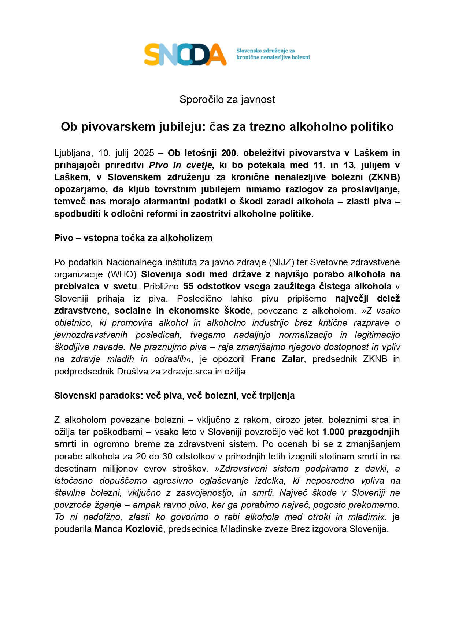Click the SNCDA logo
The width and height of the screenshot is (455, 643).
tap(185, 54)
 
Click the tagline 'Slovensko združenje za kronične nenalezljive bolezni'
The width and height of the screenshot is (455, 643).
tap(273, 54)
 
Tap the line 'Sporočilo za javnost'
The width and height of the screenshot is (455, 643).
tap(227, 100)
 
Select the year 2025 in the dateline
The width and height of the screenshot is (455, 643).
tap(144, 153)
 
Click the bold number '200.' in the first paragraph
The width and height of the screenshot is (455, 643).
tap(229, 153)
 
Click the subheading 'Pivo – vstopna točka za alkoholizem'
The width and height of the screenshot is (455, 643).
tap(133, 238)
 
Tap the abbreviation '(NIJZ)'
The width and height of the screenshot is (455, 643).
tap(282, 262)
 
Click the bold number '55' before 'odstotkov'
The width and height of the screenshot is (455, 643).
tap(188, 287)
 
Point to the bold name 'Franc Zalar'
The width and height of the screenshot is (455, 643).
tap(277, 359)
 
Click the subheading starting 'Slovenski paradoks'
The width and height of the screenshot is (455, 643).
tap(174, 396)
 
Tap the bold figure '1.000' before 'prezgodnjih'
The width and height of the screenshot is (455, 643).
tap(333, 432)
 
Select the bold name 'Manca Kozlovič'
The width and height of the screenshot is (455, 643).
tap(129, 529)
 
